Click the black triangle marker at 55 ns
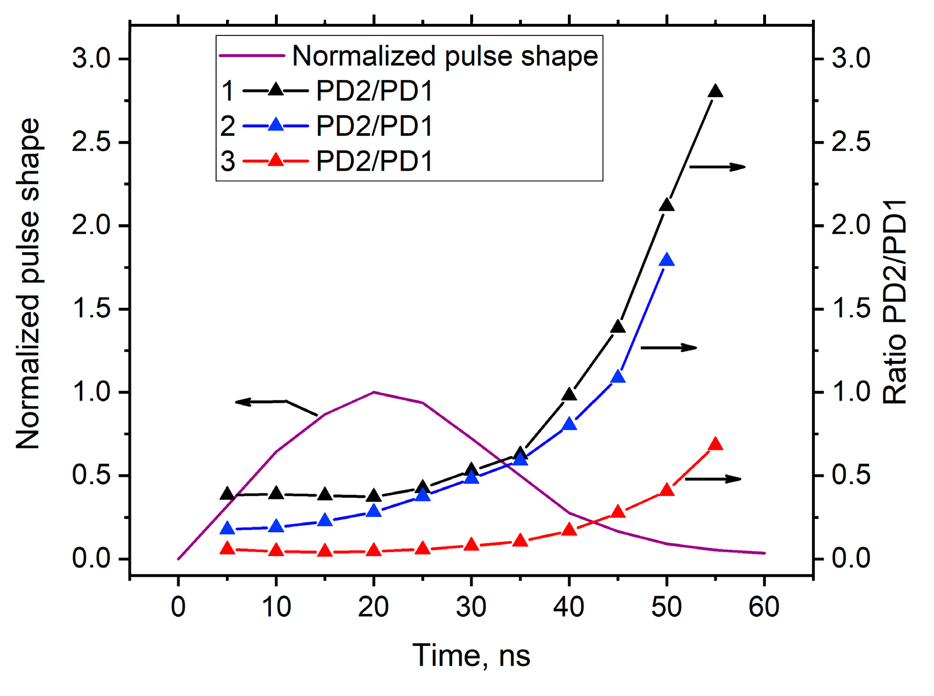tap(715, 92)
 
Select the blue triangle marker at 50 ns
tap(667, 260)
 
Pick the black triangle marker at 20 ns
tap(374, 497)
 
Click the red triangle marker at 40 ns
tap(569, 530)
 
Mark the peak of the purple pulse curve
tap(374, 392)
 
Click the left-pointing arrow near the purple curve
tap(262, 401)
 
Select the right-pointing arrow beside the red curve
tap(713, 479)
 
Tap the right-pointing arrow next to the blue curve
tap(668, 347)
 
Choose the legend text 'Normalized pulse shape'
tap(445, 56)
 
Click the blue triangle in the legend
tap(275, 125)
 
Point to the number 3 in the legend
tap(228, 161)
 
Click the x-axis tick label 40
tap(569, 607)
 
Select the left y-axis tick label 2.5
tap(91, 143)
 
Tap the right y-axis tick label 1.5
tap(851, 309)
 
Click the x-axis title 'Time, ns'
tap(471, 655)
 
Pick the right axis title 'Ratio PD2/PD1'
tap(895, 302)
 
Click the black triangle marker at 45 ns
tap(618, 327)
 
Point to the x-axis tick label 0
tap(178, 607)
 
